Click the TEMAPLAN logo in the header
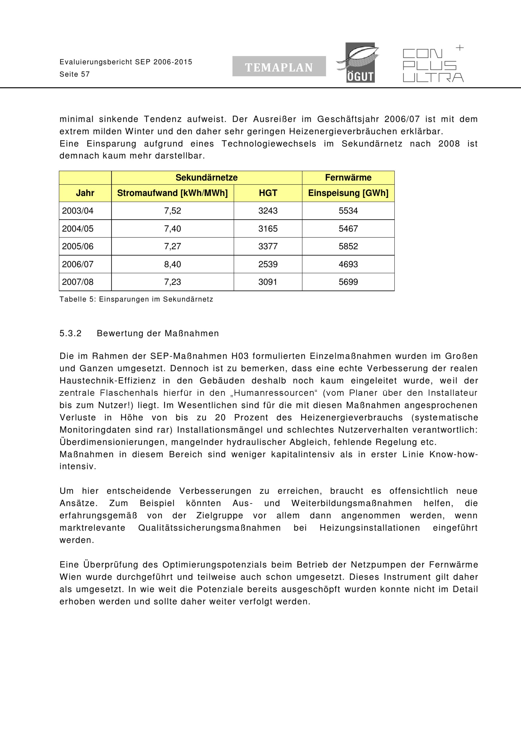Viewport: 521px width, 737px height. [279, 66]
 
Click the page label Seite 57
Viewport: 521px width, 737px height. [75, 74]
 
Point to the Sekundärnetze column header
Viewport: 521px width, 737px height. [206, 177]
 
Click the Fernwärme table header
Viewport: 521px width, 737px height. [348, 177]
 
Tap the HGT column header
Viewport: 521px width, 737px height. [268, 193]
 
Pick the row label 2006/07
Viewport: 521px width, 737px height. [78, 264]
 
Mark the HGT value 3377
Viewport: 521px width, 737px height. [268, 246]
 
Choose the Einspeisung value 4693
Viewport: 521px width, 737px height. [348, 264]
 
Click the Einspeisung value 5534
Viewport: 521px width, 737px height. [348, 211]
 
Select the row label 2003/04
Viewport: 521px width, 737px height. [78, 211]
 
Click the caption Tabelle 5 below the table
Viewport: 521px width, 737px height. [136, 299]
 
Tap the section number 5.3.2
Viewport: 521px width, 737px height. [70, 333]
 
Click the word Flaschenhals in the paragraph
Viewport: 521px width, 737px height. [129, 393]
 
